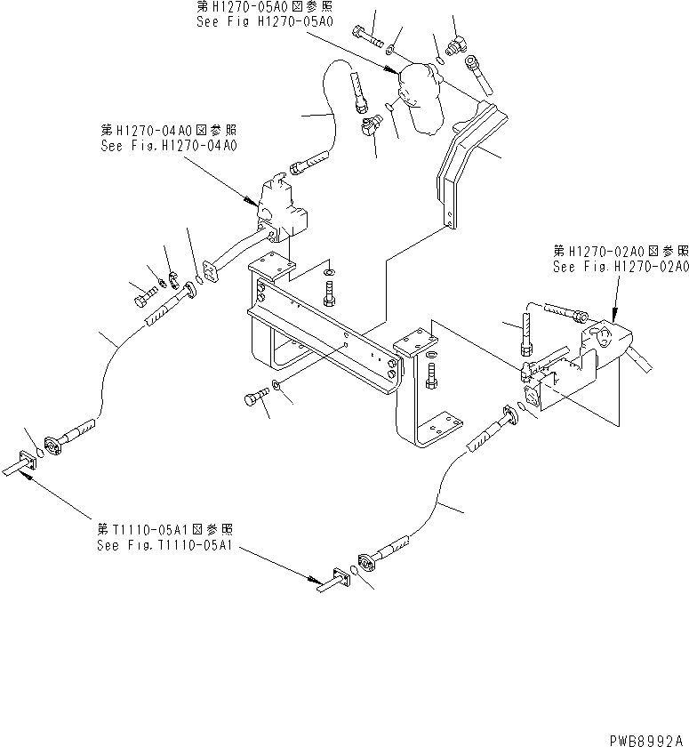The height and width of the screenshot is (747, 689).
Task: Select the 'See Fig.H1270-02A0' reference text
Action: pyautogui.click(x=621, y=266)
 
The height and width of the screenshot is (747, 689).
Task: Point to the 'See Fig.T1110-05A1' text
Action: pyautogui.click(x=164, y=545)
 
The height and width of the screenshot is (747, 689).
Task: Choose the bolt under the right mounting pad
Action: pyautogui.click(x=431, y=378)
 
